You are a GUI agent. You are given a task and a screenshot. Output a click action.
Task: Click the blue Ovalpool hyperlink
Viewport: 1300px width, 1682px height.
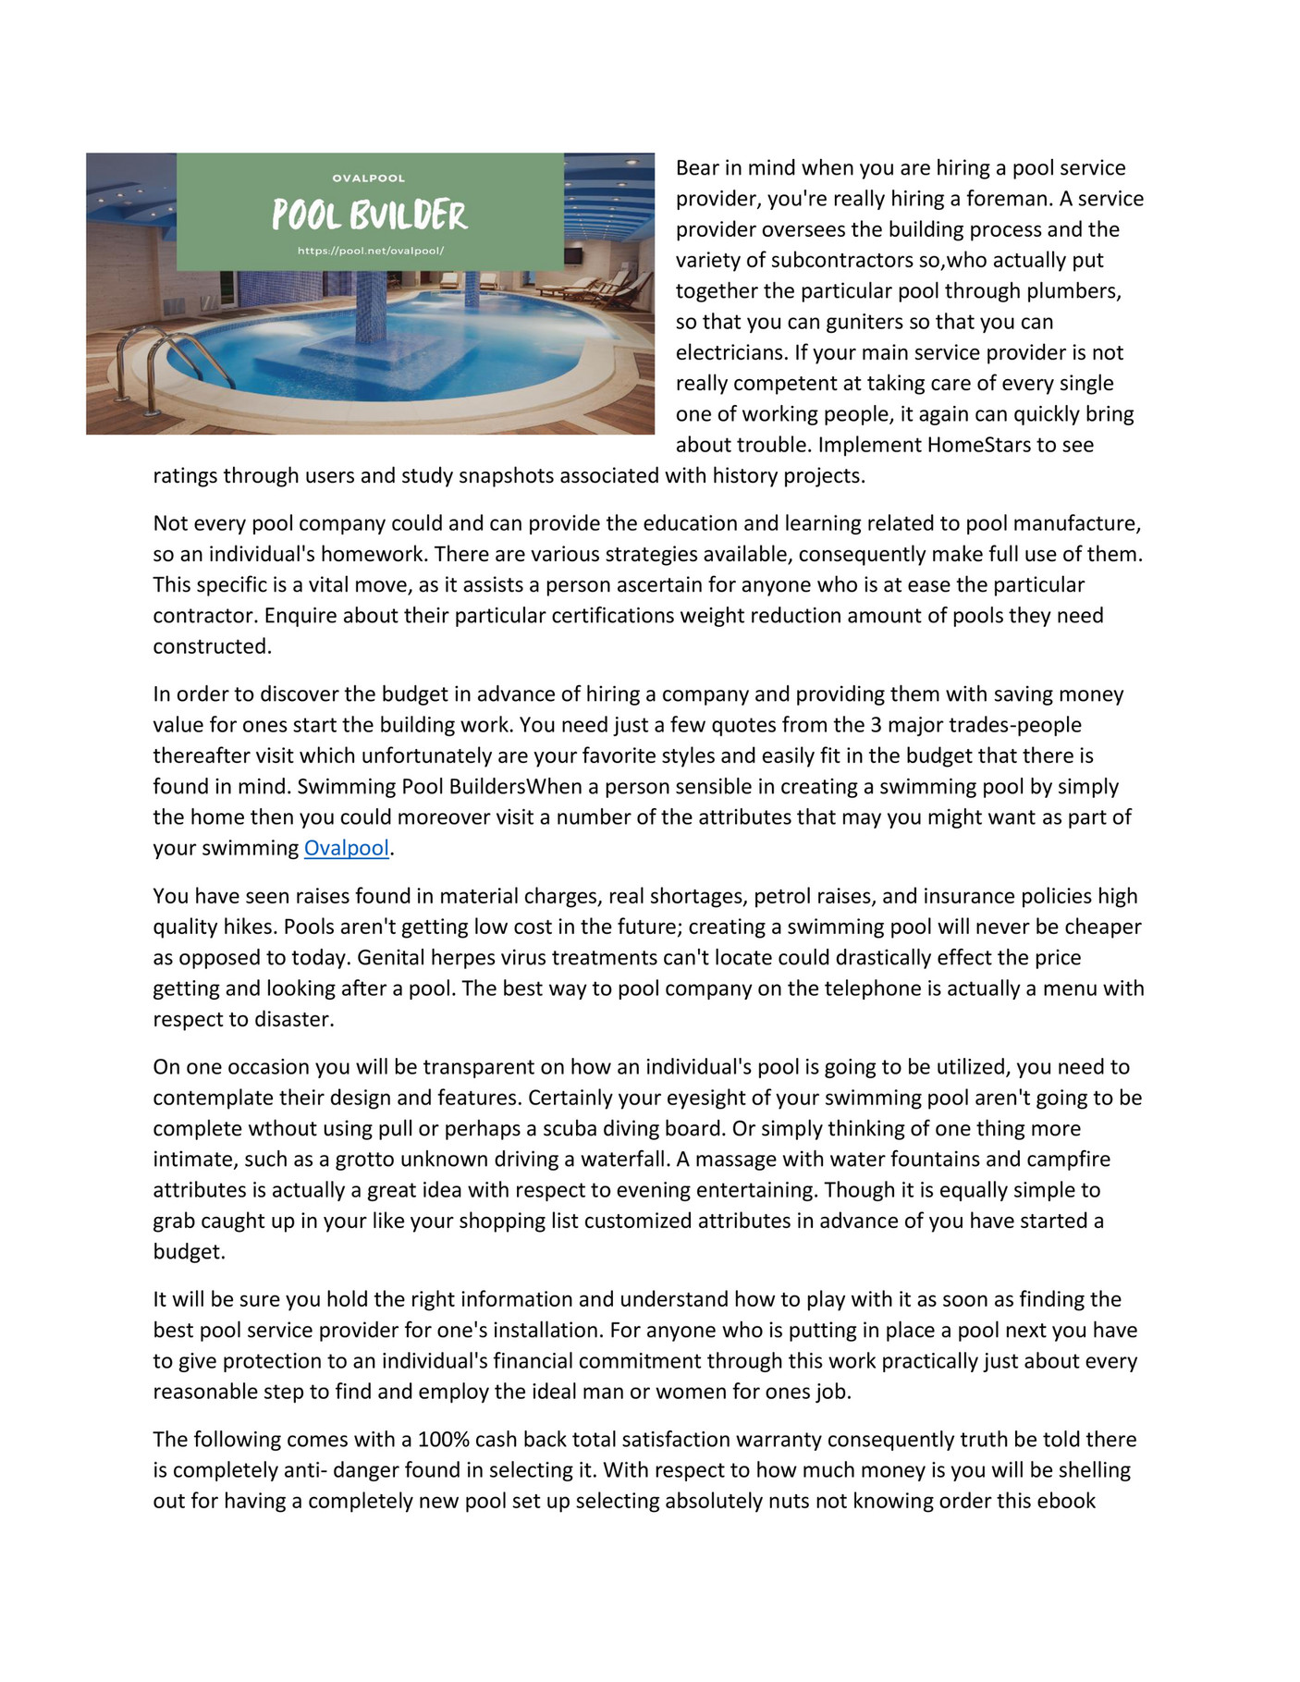[346, 848]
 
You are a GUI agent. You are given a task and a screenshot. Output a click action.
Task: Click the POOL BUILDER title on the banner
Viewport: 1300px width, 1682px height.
[369, 215]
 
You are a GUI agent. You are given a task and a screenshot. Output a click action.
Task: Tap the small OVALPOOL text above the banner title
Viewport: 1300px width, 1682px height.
[368, 178]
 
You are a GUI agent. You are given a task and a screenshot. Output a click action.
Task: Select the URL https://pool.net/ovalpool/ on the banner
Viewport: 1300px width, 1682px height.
[370, 251]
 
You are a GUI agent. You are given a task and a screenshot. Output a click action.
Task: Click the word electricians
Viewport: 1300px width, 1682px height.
[731, 352]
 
